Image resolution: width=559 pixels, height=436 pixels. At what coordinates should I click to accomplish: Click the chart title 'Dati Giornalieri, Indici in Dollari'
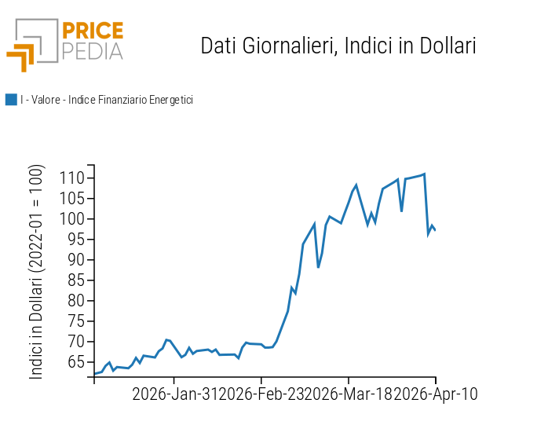coord(338,46)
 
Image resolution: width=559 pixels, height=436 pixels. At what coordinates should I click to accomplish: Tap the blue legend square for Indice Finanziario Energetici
coord(11,100)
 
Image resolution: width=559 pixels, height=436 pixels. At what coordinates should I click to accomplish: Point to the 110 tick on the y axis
coord(72,178)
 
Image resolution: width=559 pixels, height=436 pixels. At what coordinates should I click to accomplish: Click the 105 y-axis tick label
coord(72,199)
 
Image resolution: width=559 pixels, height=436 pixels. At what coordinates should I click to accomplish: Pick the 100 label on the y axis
coord(72,219)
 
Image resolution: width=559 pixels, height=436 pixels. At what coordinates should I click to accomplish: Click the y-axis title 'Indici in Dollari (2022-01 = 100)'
coord(37,272)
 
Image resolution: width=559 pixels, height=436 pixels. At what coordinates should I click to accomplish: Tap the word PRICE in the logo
coord(92,31)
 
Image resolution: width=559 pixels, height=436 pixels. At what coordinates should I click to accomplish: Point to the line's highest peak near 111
coord(424,174)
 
